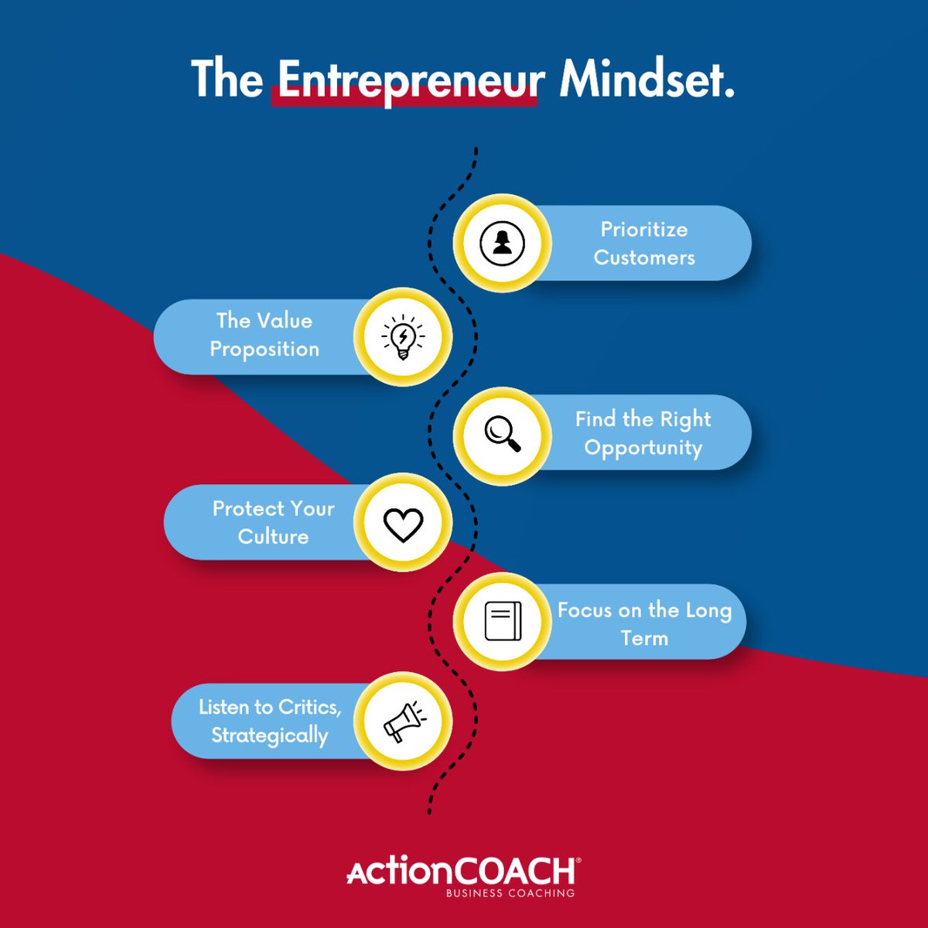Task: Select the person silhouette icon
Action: click(x=503, y=243)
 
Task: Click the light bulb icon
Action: click(x=403, y=337)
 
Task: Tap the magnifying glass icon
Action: click(x=503, y=433)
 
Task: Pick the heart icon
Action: click(x=403, y=524)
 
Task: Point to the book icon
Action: click(x=503, y=621)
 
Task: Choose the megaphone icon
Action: click(x=403, y=721)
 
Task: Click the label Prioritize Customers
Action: click(x=644, y=244)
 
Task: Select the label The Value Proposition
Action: click(x=264, y=335)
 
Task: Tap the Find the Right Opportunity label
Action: click(x=643, y=433)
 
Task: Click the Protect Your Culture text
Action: click(x=274, y=523)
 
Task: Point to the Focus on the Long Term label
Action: click(x=644, y=624)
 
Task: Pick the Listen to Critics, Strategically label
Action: click(x=270, y=721)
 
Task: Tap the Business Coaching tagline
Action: click(x=510, y=894)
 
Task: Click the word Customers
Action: click(x=644, y=258)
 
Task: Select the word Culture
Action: click(x=274, y=537)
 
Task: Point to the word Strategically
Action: click(x=270, y=735)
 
